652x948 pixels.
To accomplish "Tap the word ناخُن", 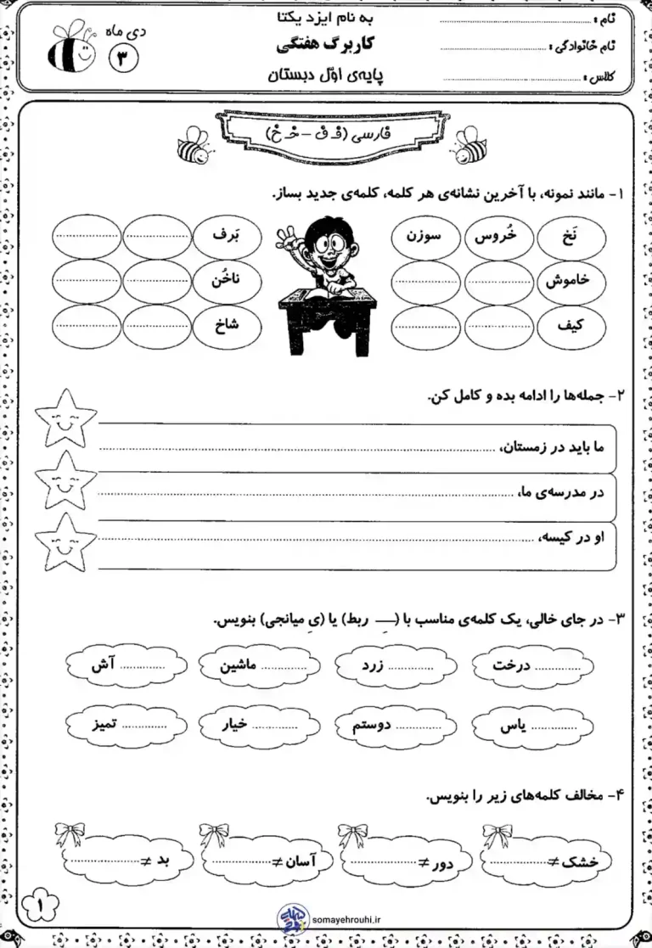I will (x=224, y=279).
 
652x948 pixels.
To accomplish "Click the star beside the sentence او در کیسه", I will (x=65, y=542).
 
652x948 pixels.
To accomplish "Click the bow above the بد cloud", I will (x=72, y=833).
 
